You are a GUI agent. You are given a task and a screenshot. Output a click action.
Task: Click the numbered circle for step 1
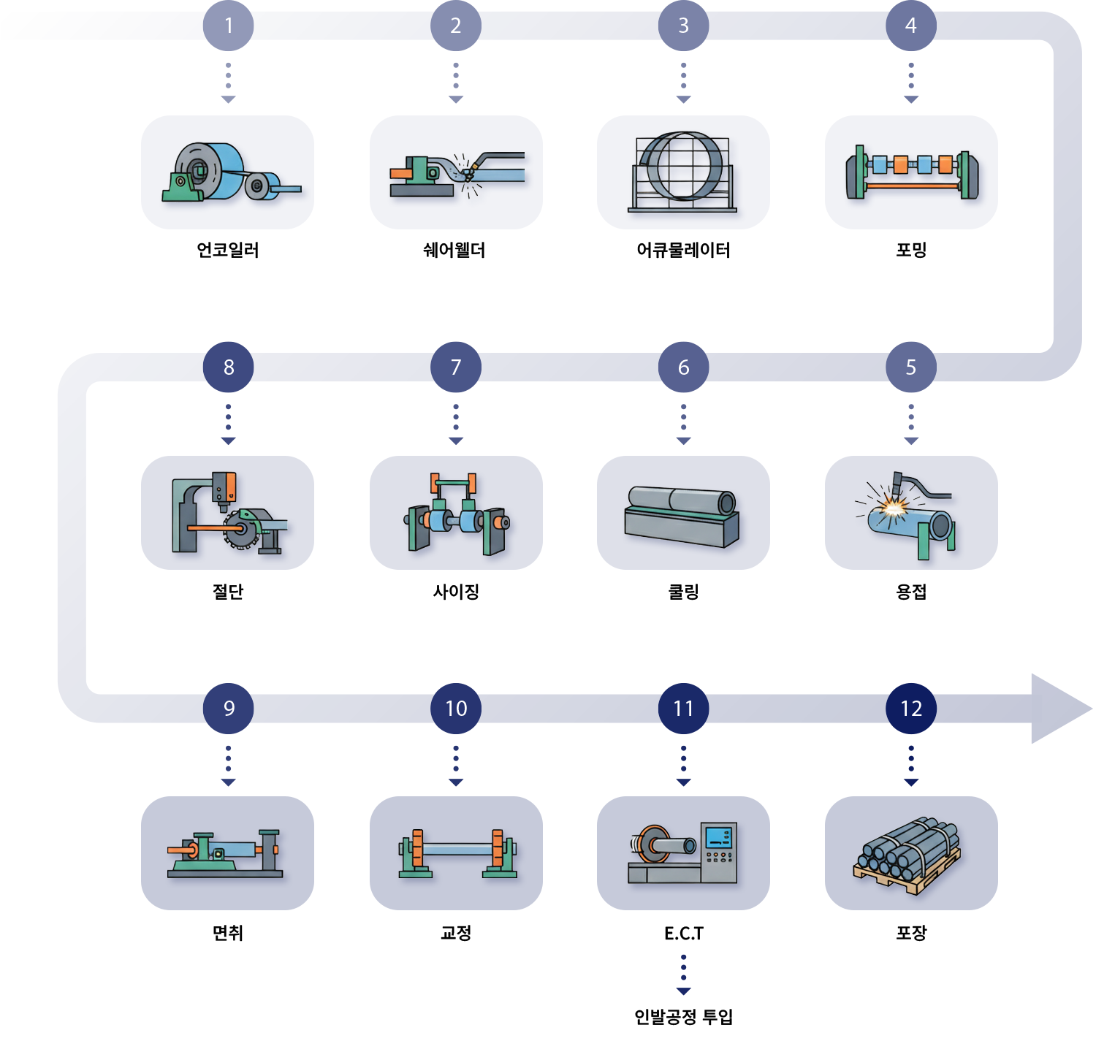tap(229, 26)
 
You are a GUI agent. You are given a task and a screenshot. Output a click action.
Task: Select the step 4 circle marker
tap(910, 26)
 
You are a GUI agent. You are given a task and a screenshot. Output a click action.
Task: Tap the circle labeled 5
tap(910, 367)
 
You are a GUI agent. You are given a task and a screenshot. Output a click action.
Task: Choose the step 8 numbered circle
tap(229, 367)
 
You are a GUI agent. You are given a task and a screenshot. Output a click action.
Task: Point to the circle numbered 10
tap(456, 708)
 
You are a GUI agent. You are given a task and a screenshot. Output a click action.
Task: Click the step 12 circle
tap(910, 708)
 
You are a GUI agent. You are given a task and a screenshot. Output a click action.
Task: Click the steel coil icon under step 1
tap(212, 171)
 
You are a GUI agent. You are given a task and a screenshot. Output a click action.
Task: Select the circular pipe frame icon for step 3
tap(682, 168)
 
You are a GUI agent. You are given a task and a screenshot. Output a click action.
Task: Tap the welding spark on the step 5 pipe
tap(893, 504)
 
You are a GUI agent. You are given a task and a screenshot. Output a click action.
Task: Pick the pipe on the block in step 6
tap(682, 501)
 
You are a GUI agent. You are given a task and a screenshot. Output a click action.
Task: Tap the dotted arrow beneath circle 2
tap(456, 83)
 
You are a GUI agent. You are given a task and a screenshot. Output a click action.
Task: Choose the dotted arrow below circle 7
tap(456, 424)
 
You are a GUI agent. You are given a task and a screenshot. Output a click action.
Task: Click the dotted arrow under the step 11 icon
tap(683, 975)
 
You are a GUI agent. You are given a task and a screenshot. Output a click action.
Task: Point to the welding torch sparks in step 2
tap(466, 173)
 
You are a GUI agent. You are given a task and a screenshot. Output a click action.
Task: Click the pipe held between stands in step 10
tap(457, 850)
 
